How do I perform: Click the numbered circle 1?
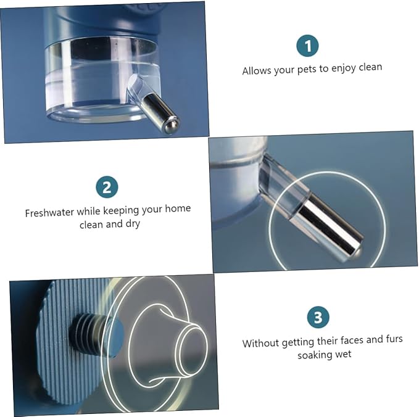[307, 46]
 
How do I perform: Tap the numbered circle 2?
[107, 187]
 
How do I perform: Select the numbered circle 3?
[318, 317]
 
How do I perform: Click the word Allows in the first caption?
[256, 71]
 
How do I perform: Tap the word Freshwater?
[49, 213]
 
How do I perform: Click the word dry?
[133, 224]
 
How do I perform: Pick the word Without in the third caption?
[260, 343]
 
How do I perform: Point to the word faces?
[352, 341]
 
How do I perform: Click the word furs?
[394, 339]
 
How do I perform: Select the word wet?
[343, 355]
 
